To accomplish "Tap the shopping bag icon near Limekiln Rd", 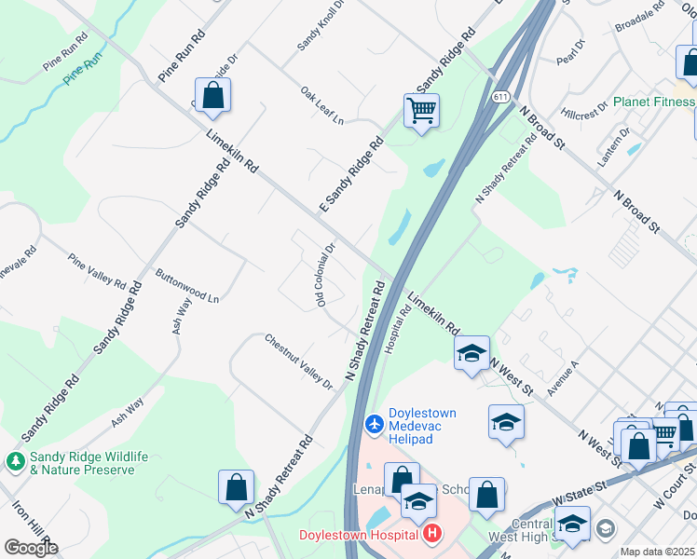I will [213, 96].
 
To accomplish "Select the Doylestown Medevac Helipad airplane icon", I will [375, 425].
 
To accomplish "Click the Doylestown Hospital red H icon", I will [432, 535].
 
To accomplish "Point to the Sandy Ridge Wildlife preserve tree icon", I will [16, 461].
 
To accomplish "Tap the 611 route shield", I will [501, 97].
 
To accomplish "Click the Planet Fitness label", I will [648, 102].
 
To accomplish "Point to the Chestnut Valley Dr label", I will [298, 361].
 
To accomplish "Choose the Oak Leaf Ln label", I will [322, 106].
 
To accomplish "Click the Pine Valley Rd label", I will [98, 269].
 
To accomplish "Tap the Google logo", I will [31, 548].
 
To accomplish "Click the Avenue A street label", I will [563, 378].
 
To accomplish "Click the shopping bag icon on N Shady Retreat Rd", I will [236, 486].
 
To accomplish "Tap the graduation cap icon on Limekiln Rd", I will [471, 353].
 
